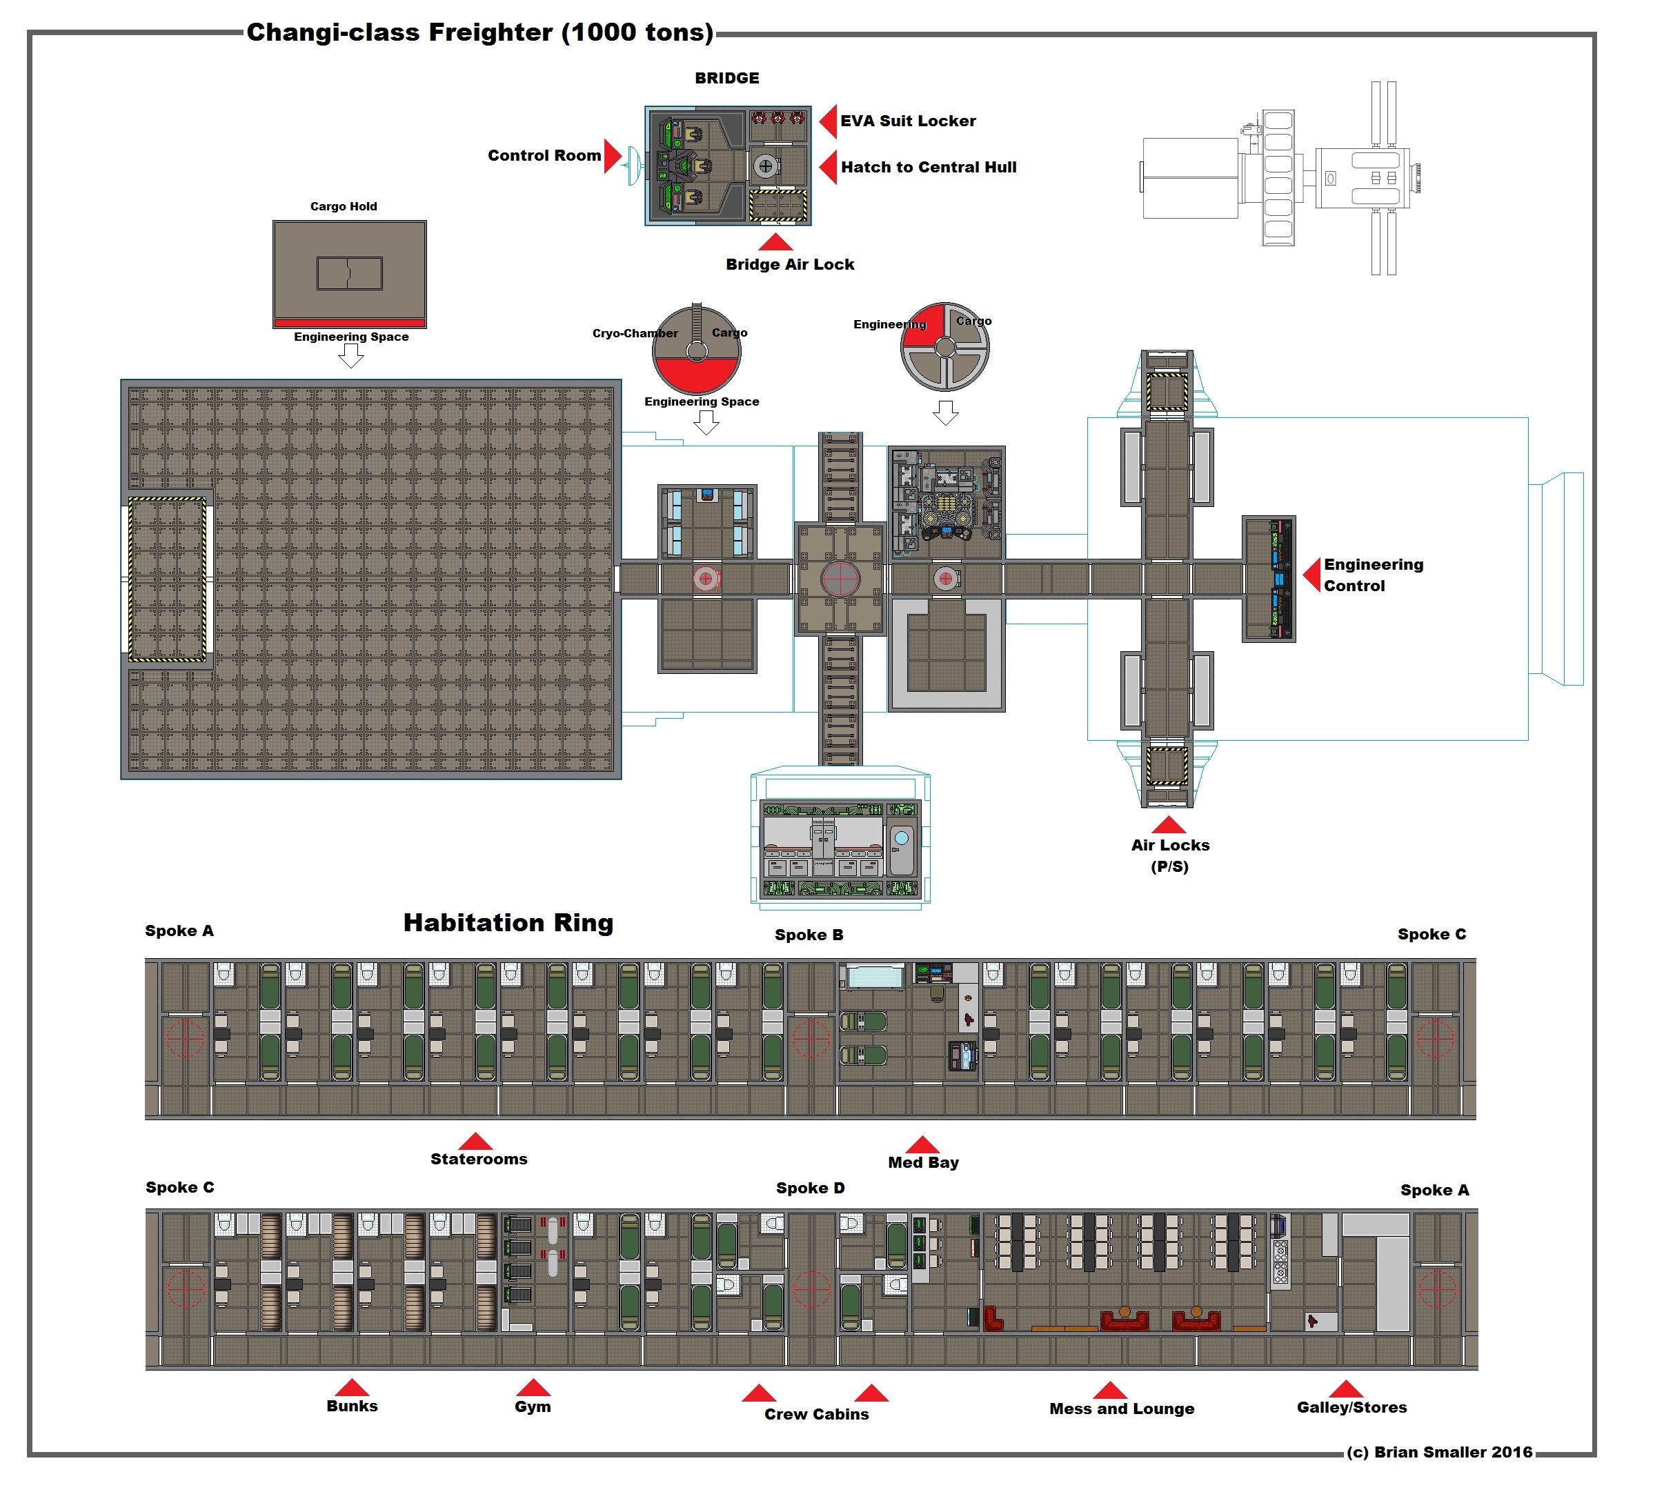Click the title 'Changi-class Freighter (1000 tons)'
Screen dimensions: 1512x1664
click(x=479, y=32)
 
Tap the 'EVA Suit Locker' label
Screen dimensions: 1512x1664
click(x=908, y=121)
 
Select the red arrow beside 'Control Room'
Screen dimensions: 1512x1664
click(x=612, y=156)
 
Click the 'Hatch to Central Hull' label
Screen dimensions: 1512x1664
click(x=929, y=168)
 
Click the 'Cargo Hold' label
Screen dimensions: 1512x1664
click(x=344, y=206)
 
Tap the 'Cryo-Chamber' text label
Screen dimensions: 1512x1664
click(x=635, y=333)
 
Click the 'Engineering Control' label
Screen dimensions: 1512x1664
click(x=1373, y=575)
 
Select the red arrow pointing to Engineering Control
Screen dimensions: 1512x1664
click(x=1311, y=575)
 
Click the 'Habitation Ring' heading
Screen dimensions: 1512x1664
click(x=508, y=923)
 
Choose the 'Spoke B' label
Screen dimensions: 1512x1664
click(x=809, y=935)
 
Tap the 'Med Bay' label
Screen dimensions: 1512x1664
click(x=923, y=1163)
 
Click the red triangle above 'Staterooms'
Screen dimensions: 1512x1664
click(x=475, y=1142)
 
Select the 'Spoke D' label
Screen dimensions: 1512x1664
click(x=811, y=1188)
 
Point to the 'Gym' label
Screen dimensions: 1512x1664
click(x=533, y=1407)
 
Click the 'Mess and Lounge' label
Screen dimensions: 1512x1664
click(x=1122, y=1410)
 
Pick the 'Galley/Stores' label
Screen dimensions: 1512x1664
click(x=1351, y=1408)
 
